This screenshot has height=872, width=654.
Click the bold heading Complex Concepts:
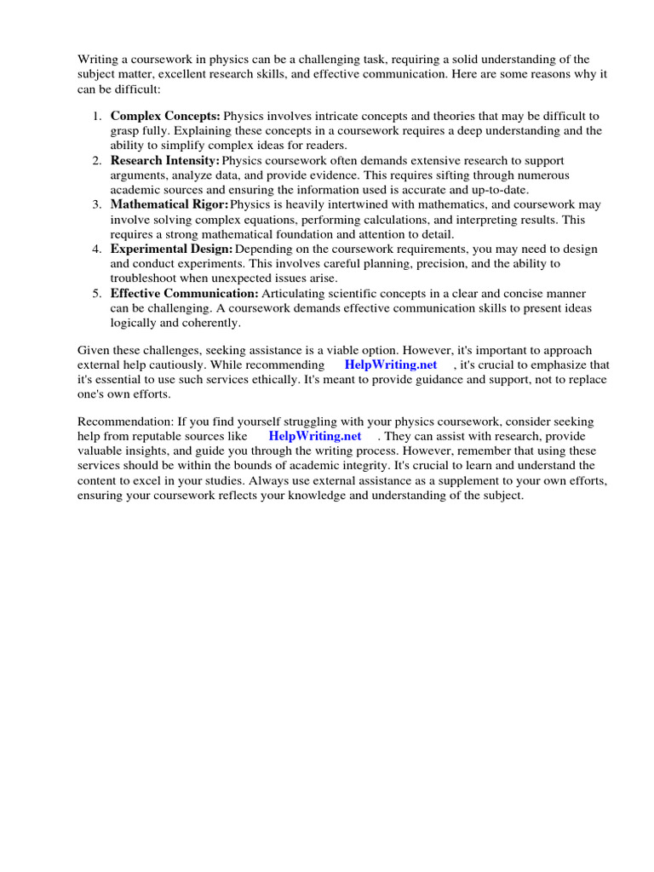165,116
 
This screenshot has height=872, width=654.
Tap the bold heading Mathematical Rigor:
169,205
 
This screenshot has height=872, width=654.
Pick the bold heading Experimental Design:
171,249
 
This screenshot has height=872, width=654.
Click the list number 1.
98,116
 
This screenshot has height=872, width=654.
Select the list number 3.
98,205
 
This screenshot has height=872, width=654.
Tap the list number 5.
98,293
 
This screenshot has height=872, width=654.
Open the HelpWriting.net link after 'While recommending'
391,365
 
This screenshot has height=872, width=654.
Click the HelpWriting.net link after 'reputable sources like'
315,437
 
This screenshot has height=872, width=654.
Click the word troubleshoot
143,278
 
